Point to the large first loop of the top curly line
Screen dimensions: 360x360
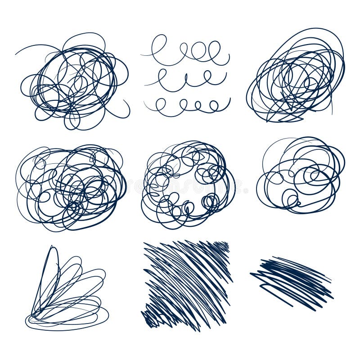click(x=158, y=45)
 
